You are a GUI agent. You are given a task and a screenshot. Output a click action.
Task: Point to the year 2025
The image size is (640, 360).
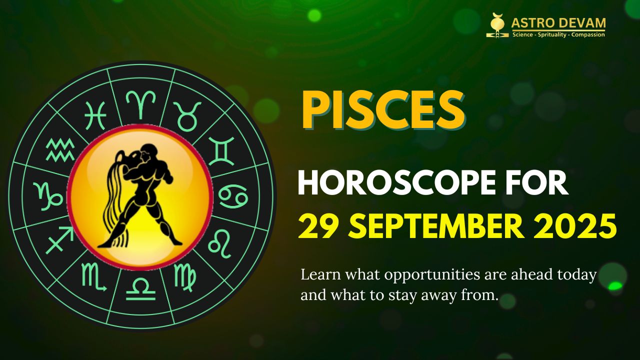(581, 226)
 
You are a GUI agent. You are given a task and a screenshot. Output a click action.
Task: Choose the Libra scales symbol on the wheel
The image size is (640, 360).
(140, 289)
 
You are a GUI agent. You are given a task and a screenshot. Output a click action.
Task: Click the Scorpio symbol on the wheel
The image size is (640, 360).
(94, 277)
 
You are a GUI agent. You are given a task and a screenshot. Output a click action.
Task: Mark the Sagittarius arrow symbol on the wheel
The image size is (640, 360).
(59, 242)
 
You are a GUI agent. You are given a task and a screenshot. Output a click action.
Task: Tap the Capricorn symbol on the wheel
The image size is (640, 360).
(48, 195)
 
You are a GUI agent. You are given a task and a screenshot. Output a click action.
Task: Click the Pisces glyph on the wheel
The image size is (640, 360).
(95, 115)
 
